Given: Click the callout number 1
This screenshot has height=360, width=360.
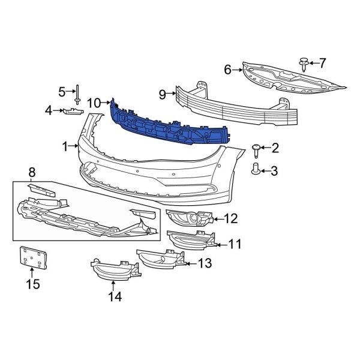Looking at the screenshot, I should pyautogui.click(x=65, y=146).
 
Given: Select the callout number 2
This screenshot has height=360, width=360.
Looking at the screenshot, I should pyautogui.click(x=275, y=148).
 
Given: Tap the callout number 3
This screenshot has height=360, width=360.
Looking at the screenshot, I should pyautogui.click(x=274, y=172).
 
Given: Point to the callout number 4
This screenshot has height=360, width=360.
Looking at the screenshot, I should pyautogui.click(x=49, y=110).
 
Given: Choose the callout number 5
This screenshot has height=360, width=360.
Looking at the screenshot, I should pyautogui.click(x=61, y=91).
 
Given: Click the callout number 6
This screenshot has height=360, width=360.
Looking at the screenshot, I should pyautogui.click(x=228, y=70).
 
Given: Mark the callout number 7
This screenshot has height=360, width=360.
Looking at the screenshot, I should pyautogui.click(x=322, y=62).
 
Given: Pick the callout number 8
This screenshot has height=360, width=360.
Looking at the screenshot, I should pyautogui.click(x=32, y=173).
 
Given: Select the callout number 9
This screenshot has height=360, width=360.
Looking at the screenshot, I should pyautogui.click(x=162, y=94).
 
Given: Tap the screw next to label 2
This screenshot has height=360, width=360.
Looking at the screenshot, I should pyautogui.click(x=258, y=148).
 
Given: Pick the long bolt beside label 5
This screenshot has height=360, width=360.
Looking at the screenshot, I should pyautogui.click(x=78, y=94).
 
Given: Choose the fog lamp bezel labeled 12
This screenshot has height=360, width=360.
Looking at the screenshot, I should pyautogui.click(x=190, y=221).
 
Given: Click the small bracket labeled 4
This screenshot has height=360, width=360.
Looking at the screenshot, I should pyautogui.click(x=73, y=112).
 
